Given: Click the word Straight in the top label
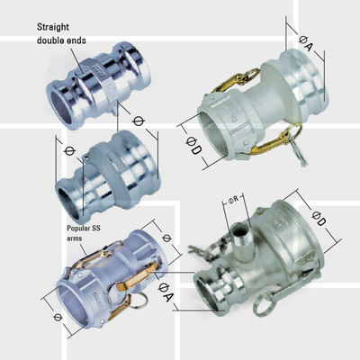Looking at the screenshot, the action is (53, 27).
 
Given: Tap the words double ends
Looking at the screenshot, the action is (61, 40).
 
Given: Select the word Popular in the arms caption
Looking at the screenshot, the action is (78, 229).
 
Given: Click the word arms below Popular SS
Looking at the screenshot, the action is (74, 238).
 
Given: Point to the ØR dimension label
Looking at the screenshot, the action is (233, 201).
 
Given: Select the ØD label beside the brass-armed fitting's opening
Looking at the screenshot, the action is (193, 145).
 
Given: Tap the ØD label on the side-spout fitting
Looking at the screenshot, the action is (319, 218).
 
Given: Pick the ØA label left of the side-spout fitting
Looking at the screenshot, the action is (166, 292).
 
